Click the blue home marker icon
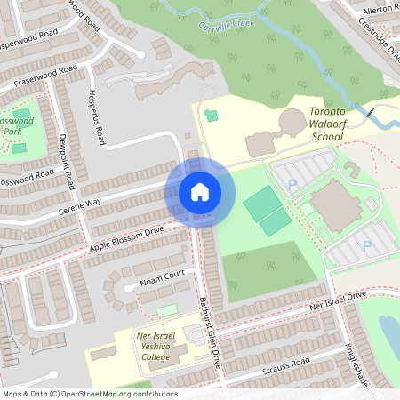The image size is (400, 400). click(x=200, y=191)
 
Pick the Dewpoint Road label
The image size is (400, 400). click(x=66, y=164)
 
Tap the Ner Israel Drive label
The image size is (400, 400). click(x=332, y=300)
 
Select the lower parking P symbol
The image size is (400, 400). click(x=366, y=244)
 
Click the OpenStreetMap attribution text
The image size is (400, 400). click(x=90, y=394)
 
